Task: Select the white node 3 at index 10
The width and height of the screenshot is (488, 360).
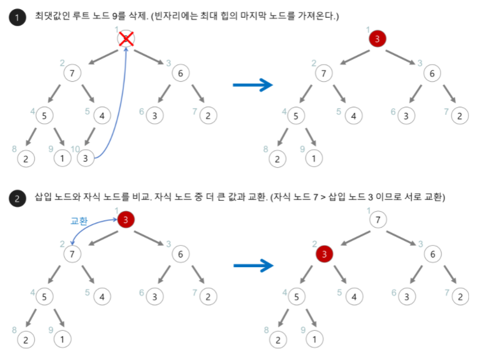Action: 86,159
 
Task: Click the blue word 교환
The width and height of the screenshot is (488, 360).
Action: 79,221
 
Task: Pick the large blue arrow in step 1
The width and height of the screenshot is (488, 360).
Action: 252,85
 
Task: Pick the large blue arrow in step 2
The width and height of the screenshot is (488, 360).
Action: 252,265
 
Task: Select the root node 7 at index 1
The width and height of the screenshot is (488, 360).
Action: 379,220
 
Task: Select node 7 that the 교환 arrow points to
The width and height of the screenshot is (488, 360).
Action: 73,254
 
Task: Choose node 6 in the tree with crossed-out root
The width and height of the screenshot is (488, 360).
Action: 180,74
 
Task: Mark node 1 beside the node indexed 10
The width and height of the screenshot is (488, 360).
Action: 62,159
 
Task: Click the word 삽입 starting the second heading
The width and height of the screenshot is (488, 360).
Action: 43,198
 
